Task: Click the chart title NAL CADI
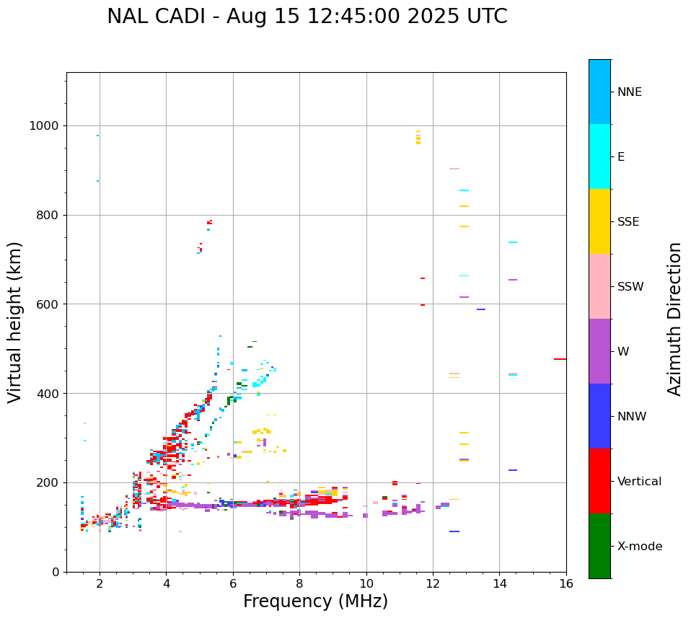click(307, 17)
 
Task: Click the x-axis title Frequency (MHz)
click(315, 601)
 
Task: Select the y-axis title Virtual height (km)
click(15, 322)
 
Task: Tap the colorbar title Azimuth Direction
click(674, 318)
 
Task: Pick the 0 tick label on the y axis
click(55, 572)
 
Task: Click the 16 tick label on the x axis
click(566, 583)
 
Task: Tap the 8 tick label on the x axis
click(299, 583)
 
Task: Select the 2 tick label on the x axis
click(100, 583)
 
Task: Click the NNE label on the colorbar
click(629, 92)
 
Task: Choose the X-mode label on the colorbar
click(639, 547)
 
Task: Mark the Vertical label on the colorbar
click(639, 482)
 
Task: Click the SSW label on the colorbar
click(630, 287)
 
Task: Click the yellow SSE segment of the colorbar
click(599, 221)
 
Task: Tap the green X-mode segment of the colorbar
click(599, 546)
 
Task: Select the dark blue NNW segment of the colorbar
click(599, 416)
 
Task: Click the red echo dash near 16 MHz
click(560, 359)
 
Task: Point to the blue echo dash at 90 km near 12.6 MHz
click(454, 531)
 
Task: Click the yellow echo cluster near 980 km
click(418, 138)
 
